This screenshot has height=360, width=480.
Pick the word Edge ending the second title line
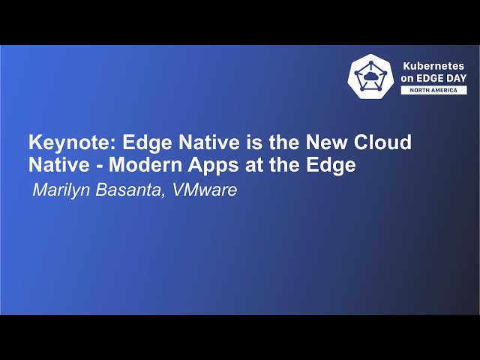click(x=333, y=165)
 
